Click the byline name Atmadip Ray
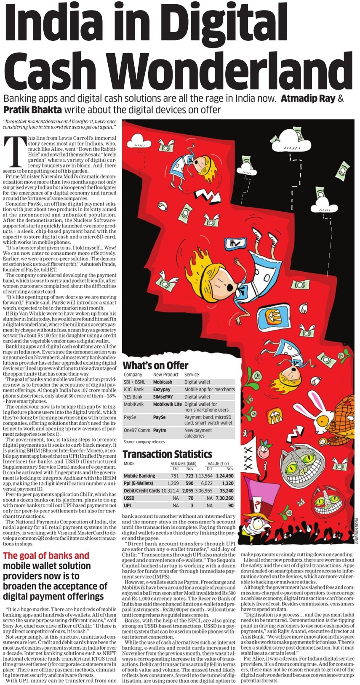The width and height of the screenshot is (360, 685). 308,99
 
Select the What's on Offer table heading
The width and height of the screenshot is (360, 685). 155,365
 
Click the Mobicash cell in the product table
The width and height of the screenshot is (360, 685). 162,382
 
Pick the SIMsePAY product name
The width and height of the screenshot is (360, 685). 163,397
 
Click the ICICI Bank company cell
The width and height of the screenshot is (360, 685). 133,389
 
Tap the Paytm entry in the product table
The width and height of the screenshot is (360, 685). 160,430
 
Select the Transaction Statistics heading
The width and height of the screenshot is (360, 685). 167,454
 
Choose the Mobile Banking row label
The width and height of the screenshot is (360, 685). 139,476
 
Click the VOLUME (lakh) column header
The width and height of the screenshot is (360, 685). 183,464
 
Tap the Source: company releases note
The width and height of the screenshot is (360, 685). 144,442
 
